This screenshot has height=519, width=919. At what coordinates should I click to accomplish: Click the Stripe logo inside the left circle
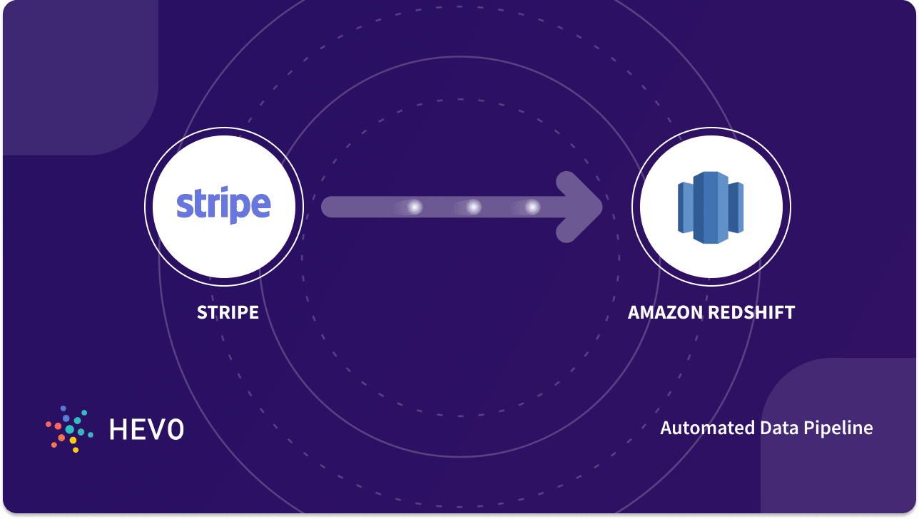click(x=223, y=205)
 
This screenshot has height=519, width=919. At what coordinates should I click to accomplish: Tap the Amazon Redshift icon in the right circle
click(x=711, y=207)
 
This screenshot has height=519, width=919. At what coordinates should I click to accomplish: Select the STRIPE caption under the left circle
click(x=228, y=312)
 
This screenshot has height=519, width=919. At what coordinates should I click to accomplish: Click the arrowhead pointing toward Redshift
click(x=582, y=207)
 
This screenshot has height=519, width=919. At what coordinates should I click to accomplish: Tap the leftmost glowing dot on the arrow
click(x=415, y=207)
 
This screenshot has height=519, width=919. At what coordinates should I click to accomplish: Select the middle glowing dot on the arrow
click(x=473, y=207)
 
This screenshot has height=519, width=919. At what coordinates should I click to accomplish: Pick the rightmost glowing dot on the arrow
click(x=532, y=207)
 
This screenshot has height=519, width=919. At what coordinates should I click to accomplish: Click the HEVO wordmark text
click(x=146, y=428)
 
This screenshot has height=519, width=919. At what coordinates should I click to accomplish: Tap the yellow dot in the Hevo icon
click(x=73, y=440)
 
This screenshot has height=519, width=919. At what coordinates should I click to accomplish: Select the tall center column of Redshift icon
click(x=710, y=207)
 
